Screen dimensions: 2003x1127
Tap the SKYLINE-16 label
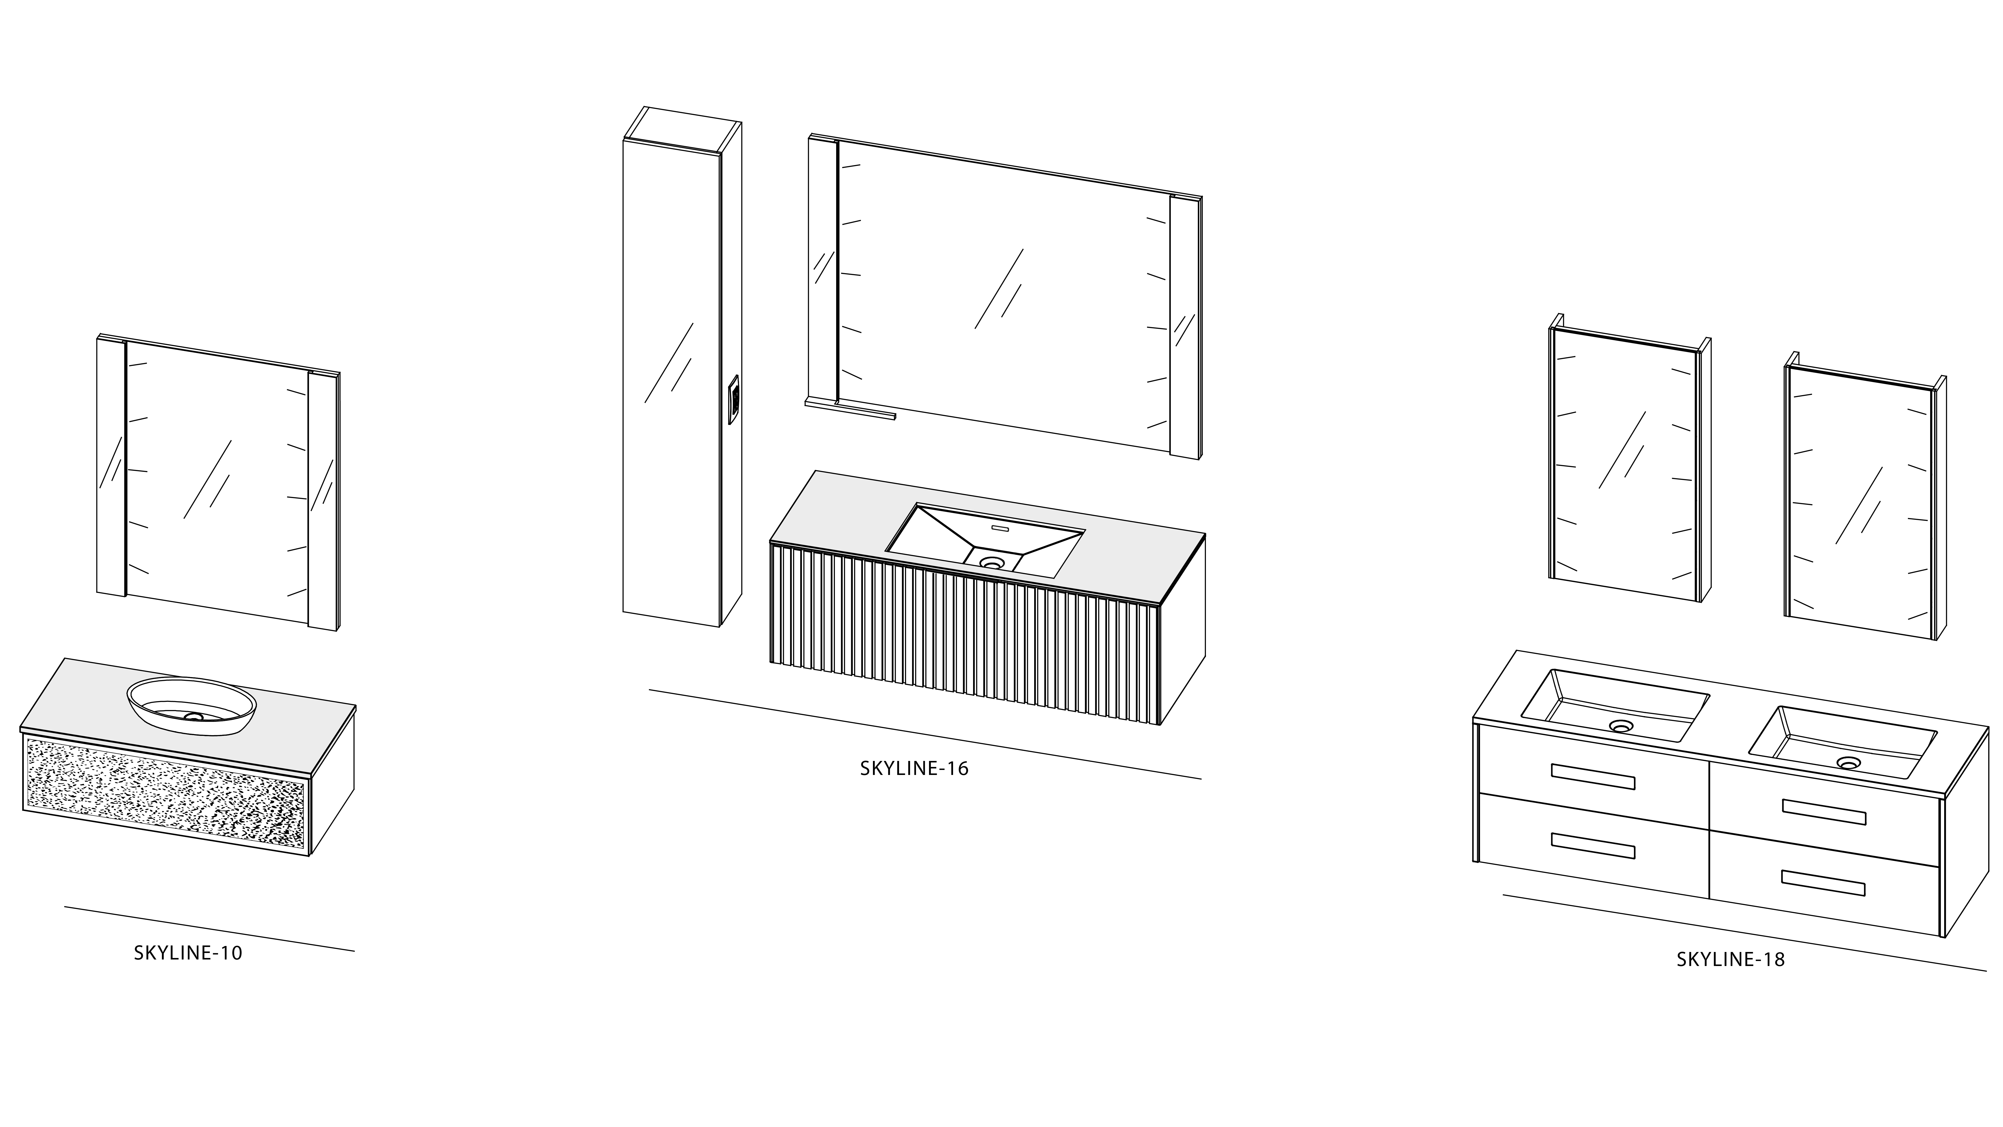[915, 768]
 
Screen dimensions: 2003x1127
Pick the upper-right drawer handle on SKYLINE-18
[1824, 812]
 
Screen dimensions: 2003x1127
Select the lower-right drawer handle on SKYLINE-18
[1824, 884]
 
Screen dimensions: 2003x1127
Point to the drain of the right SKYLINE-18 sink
[1849, 763]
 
